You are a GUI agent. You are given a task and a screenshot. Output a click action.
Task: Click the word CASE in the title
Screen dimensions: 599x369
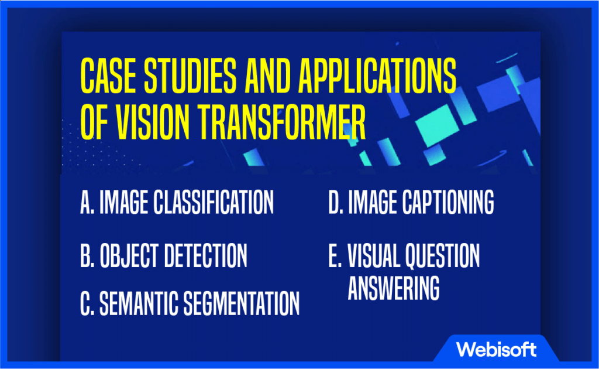click(x=108, y=76)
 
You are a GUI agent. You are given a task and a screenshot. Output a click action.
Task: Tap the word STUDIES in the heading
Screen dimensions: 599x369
click(x=190, y=76)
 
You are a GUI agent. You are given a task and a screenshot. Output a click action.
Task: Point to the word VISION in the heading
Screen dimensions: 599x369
click(x=152, y=122)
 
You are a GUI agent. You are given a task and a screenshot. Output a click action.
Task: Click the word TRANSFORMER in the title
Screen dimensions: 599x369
click(x=281, y=122)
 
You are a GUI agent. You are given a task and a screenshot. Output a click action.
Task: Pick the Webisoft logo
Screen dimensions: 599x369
click(x=496, y=350)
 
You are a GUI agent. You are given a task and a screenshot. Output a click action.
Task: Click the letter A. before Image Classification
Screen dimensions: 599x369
click(x=87, y=202)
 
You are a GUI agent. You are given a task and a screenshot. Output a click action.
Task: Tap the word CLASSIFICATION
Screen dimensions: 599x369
click(x=214, y=202)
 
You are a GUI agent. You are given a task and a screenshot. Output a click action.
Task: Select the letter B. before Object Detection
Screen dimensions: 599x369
click(x=87, y=255)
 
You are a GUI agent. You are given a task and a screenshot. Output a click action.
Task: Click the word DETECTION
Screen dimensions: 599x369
click(x=205, y=255)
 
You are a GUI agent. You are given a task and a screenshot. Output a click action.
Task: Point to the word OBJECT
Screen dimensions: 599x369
click(x=129, y=255)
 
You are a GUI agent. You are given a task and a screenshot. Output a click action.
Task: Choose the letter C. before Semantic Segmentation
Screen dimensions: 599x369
click(x=87, y=303)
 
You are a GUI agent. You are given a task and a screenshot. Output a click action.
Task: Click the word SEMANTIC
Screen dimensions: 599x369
click(x=139, y=303)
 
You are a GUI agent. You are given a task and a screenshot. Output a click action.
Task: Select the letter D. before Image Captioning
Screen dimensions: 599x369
click(x=336, y=202)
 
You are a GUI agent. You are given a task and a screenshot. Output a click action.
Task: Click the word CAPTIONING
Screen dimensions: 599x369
click(x=448, y=202)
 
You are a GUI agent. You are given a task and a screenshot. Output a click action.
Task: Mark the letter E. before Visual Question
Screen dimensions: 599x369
click(x=335, y=255)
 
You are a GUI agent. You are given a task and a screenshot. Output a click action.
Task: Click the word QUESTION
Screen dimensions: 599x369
click(x=442, y=255)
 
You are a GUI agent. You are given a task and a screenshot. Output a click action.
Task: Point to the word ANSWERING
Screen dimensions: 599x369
click(x=394, y=288)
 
